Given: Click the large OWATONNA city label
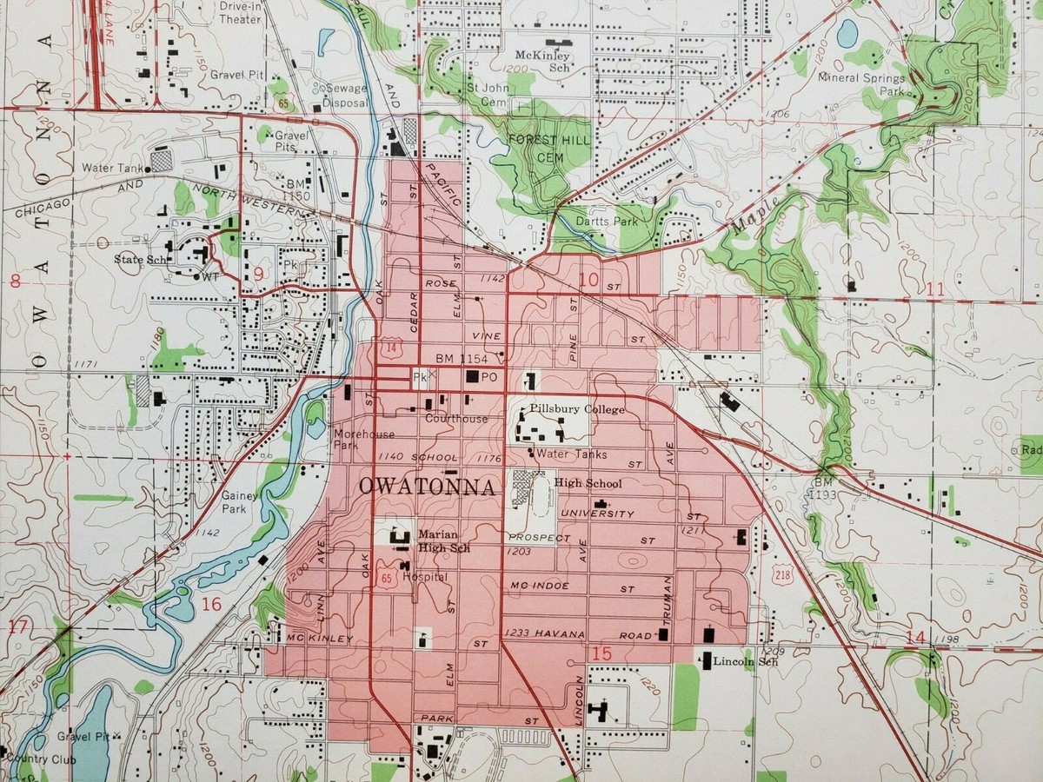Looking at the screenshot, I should [x=427, y=487].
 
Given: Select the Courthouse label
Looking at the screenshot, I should [x=455, y=419].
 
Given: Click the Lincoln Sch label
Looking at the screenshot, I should [x=745, y=662].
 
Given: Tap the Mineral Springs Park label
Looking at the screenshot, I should [x=860, y=83].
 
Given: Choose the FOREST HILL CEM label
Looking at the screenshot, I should [x=548, y=148].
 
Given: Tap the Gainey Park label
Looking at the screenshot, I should [x=236, y=501].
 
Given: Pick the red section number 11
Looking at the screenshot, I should [x=935, y=289].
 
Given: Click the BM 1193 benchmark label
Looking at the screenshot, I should [x=823, y=487].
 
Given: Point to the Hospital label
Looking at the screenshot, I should [x=424, y=577].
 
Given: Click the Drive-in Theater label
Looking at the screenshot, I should [x=240, y=11].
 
